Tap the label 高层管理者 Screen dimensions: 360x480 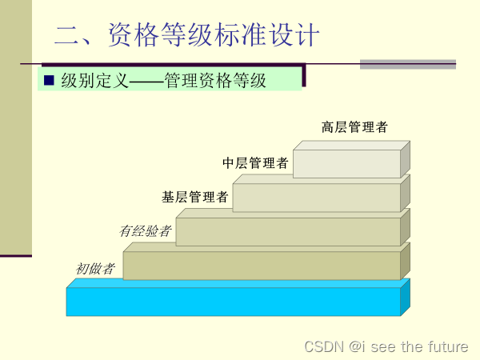(354, 127)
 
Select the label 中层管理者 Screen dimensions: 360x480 (255, 163)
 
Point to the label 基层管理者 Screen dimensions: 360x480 (195, 197)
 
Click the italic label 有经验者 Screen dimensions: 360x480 (145, 231)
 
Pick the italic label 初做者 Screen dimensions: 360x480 (95, 269)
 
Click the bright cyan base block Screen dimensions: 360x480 (233, 302)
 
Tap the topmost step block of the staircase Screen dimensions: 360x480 (346, 163)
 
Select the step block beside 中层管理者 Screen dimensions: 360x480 (316, 198)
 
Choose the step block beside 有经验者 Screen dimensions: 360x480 (288, 232)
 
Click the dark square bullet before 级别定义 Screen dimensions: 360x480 (49, 80)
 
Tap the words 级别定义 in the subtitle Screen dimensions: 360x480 (94, 80)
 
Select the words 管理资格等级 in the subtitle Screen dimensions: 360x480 (215, 80)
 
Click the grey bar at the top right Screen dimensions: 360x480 (407, 64)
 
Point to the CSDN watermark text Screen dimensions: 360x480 (324, 346)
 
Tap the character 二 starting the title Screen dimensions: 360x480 (66, 36)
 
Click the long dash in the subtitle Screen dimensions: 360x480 (146, 80)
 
